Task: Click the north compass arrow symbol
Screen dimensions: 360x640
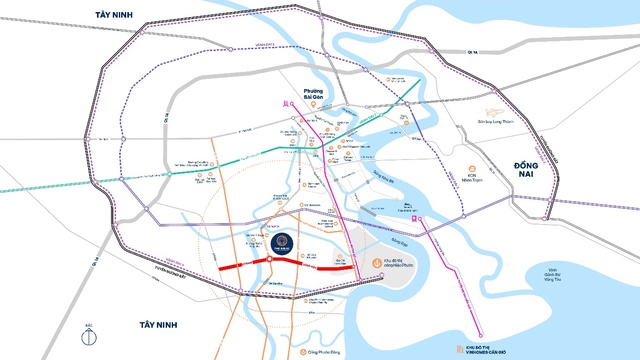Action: pos(89,331)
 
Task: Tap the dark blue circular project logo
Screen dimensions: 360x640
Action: pos(277,240)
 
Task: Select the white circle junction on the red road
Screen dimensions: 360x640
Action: pos(296,261)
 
